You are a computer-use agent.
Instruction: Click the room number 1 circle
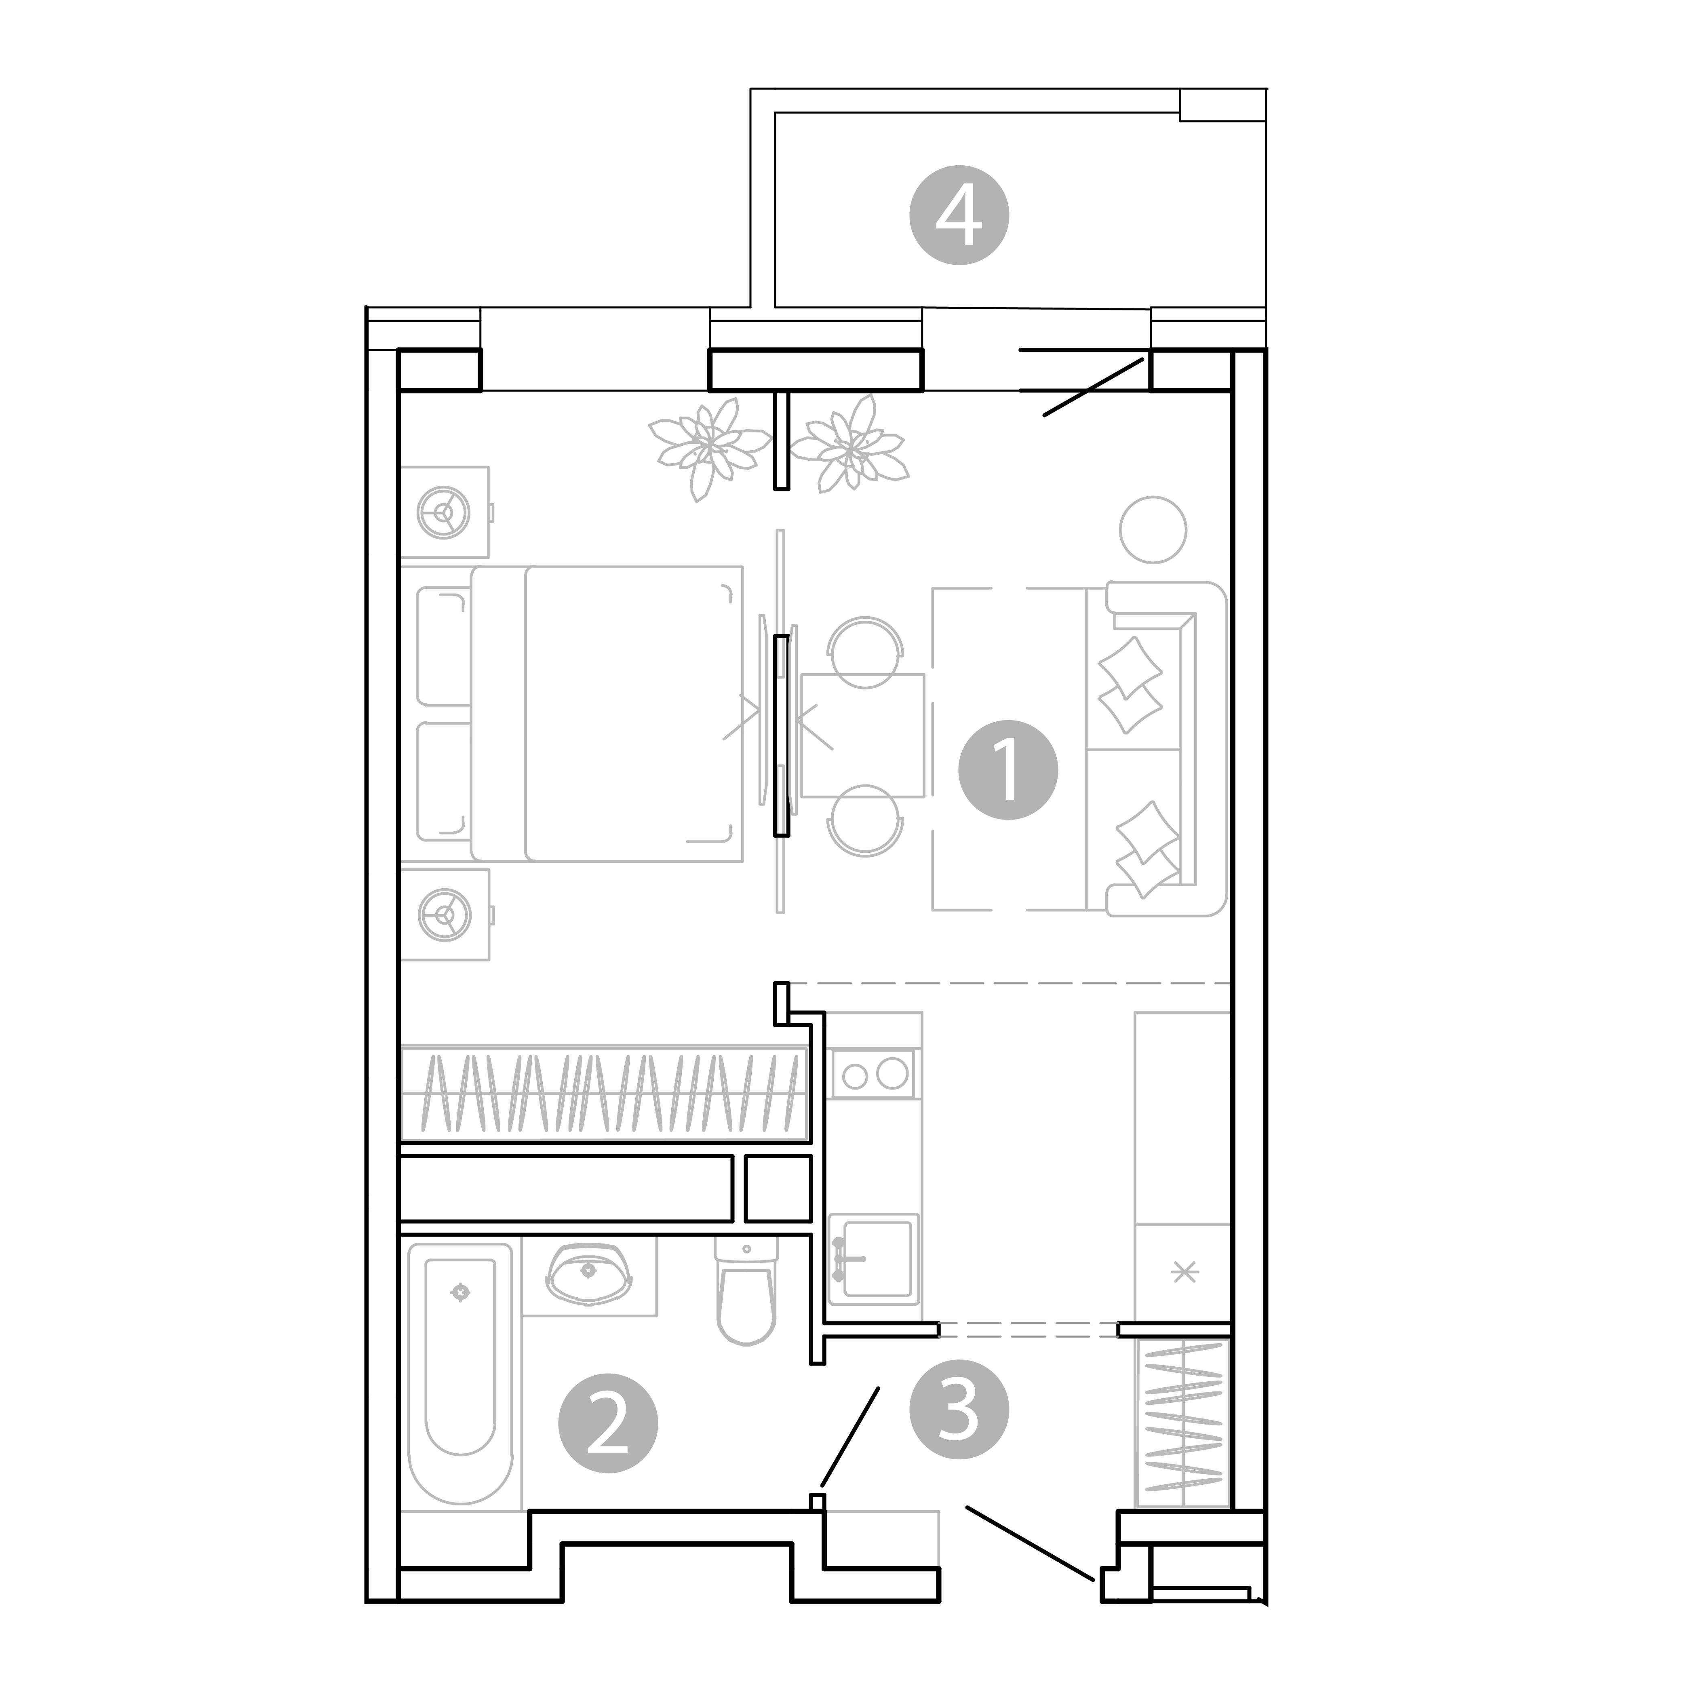tap(1007, 769)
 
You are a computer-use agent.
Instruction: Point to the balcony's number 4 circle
tap(959, 215)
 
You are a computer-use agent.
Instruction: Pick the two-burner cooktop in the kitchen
tap(873, 1074)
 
